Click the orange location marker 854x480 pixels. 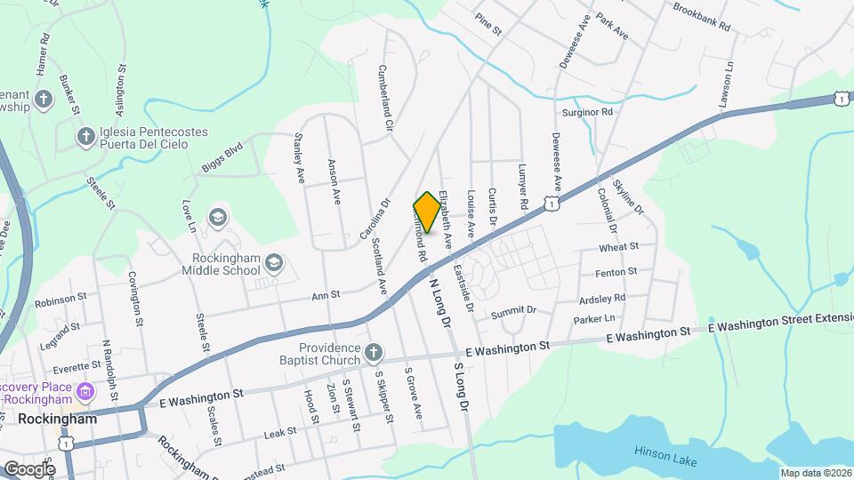[x=427, y=212]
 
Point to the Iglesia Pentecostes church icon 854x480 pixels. [x=85, y=137]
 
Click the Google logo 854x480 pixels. [x=29, y=468]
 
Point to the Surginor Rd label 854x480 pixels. [x=588, y=113]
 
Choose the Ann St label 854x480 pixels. [x=326, y=294]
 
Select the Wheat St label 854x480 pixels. [x=619, y=246]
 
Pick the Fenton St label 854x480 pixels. [x=620, y=271]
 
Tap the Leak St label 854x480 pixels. [x=280, y=433]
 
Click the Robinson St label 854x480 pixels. [x=60, y=300]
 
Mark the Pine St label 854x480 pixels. [x=488, y=24]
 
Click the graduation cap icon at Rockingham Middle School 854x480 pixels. [x=275, y=262]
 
